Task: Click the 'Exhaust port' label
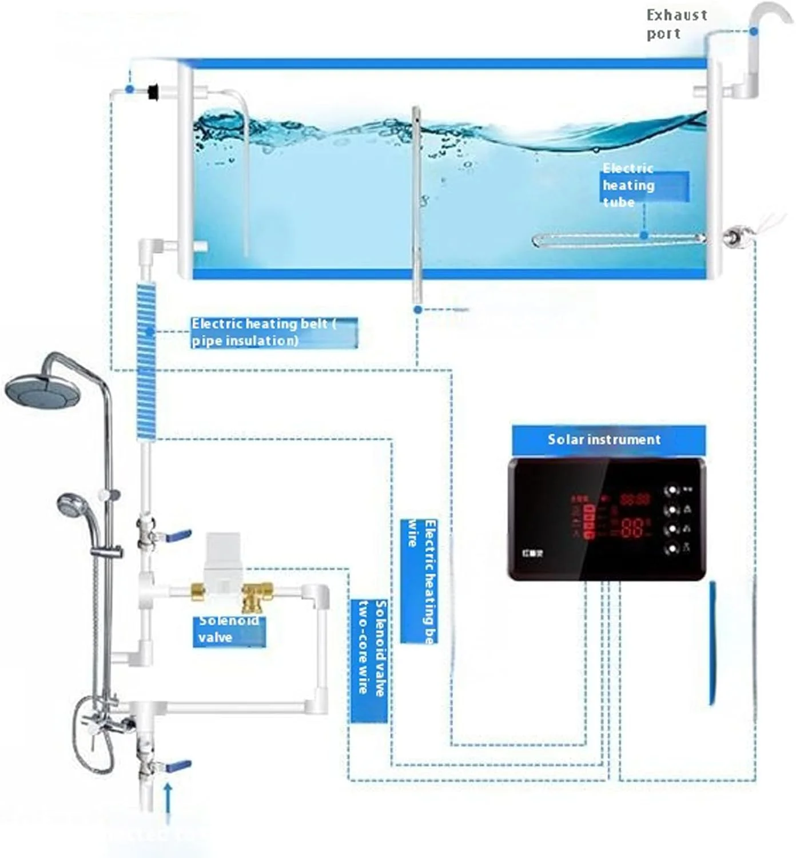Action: click(x=676, y=24)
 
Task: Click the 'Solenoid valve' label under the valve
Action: click(x=229, y=630)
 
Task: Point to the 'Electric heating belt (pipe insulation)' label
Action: click(x=273, y=332)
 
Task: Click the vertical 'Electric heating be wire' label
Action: click(x=420, y=581)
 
